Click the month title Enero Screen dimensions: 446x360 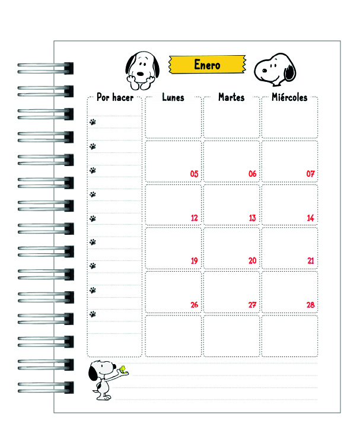click(x=207, y=64)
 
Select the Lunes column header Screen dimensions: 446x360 click(x=173, y=97)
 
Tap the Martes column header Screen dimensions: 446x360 click(x=231, y=97)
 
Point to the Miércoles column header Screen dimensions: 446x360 click(x=289, y=97)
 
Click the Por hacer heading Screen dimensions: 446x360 click(x=114, y=97)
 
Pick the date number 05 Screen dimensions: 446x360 click(x=194, y=174)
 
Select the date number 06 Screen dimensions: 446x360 click(x=252, y=174)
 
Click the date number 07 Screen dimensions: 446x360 click(x=310, y=174)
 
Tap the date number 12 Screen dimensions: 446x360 click(x=194, y=218)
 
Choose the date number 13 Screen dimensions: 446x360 click(x=252, y=218)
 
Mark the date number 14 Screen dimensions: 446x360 click(x=310, y=218)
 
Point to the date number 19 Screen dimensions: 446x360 click(x=194, y=261)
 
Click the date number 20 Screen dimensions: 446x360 click(x=252, y=261)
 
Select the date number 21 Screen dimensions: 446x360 click(x=310, y=261)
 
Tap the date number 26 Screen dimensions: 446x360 click(x=194, y=305)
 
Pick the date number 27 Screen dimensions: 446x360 click(x=252, y=305)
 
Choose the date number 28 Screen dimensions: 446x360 click(x=310, y=305)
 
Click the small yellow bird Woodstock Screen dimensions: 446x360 click(x=123, y=370)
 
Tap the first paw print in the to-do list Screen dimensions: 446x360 click(x=93, y=122)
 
